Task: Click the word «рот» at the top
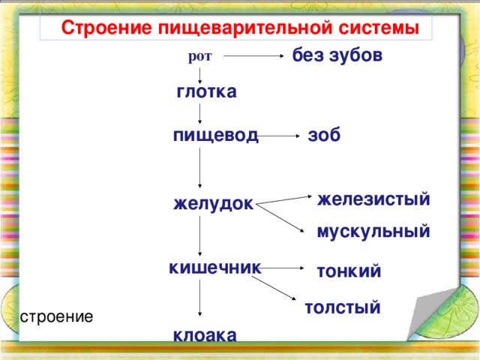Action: click(x=200, y=56)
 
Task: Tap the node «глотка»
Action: click(x=206, y=92)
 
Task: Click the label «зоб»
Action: click(x=324, y=136)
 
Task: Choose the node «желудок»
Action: click(x=213, y=203)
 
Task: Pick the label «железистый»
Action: click(x=373, y=199)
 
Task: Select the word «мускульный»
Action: click(x=373, y=232)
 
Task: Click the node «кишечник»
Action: click(x=215, y=267)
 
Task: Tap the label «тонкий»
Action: click(x=349, y=271)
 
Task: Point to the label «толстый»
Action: click(x=342, y=307)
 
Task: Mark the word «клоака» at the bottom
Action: click(x=205, y=335)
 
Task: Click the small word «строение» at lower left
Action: click(x=57, y=316)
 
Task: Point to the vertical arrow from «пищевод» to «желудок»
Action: click(x=200, y=169)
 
